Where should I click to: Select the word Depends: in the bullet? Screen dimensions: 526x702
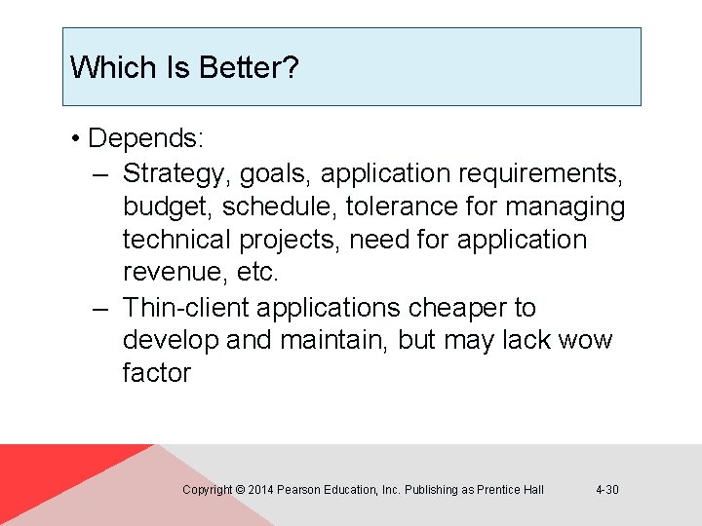point(146,138)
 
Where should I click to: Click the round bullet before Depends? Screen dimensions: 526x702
point(75,138)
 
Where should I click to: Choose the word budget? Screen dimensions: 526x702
point(168,207)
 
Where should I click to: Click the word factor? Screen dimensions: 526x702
point(157,373)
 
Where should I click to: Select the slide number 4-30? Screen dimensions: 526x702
point(606,489)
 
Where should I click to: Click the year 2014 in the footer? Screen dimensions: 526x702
point(260,489)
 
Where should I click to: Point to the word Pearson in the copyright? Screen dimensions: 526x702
point(298,489)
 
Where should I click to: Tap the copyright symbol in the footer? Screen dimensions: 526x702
point(241,489)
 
